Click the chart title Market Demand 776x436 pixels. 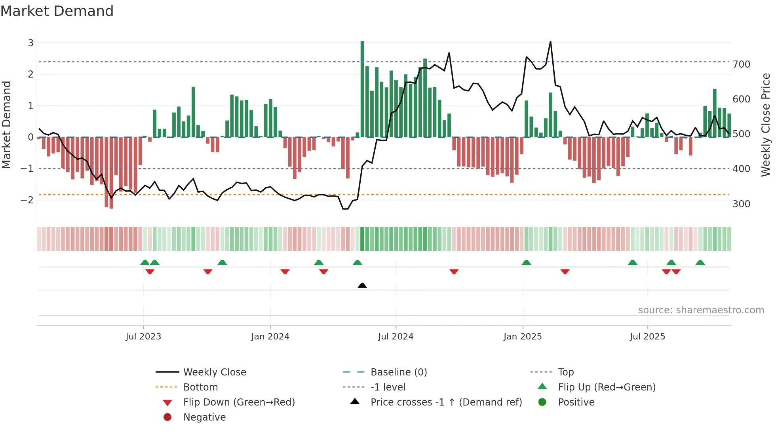(x=57, y=11)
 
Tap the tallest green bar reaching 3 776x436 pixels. (x=362, y=89)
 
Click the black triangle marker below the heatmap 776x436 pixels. (x=362, y=285)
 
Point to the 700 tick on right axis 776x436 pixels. (x=741, y=64)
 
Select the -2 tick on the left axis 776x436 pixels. (x=27, y=200)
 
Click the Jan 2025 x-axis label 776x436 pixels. (x=522, y=337)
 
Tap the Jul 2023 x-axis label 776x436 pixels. (x=143, y=337)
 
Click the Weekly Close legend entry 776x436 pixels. (x=214, y=372)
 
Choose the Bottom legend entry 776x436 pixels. (x=200, y=387)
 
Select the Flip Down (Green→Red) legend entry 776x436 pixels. (x=239, y=402)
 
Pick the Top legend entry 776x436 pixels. (x=565, y=372)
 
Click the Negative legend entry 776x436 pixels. (x=204, y=417)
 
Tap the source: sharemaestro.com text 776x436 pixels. (x=701, y=310)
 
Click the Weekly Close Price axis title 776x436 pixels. (x=766, y=125)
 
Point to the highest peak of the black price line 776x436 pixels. (x=550, y=42)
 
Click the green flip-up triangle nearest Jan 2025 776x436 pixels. (x=526, y=262)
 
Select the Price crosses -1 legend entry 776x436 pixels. (x=446, y=402)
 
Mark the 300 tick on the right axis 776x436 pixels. (x=741, y=204)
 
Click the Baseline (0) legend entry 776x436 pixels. (x=398, y=372)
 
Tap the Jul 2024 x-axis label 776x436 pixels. (x=396, y=337)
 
